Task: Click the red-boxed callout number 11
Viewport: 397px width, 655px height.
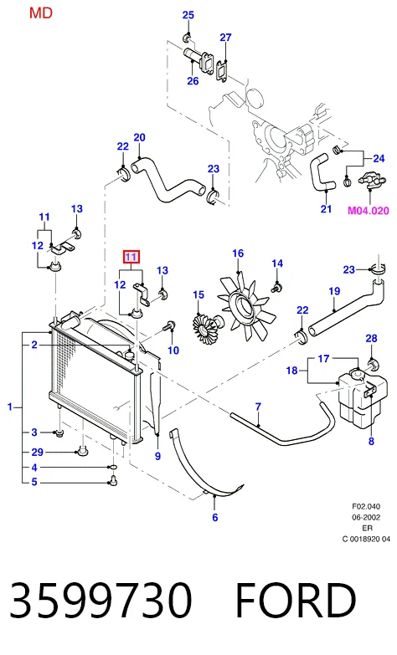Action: pos(131,257)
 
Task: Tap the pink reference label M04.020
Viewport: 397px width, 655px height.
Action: pos(369,211)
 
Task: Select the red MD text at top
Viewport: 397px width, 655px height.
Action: pos(41,13)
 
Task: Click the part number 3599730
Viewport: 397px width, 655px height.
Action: pos(101,600)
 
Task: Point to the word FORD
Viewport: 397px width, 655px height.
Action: pos(296,600)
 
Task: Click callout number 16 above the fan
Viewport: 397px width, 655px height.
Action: pos(238,253)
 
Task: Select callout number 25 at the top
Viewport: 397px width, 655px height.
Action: pos(188,15)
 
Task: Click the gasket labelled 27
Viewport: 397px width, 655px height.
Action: pos(222,70)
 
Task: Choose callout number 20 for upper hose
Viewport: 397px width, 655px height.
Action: pos(139,137)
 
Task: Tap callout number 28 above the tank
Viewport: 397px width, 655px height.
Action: pos(371,338)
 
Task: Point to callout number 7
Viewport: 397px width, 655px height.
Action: pos(258,407)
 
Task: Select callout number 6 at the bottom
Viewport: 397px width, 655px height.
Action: pos(215,517)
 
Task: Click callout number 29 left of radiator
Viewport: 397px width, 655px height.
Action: pos(37,452)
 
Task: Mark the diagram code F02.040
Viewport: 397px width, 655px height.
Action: pos(366,507)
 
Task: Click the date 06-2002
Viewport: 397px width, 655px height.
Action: pos(366,518)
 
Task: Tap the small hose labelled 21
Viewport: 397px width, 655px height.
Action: pos(321,173)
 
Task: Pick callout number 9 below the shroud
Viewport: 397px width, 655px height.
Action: pos(157,456)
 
